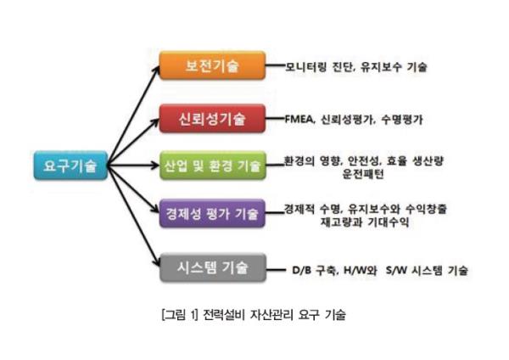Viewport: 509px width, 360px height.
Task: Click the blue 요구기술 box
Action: point(70,166)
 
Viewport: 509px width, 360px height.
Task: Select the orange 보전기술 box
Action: point(212,65)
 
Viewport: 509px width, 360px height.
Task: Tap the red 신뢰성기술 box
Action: point(212,119)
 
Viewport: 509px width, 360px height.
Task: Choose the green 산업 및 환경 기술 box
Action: point(213,166)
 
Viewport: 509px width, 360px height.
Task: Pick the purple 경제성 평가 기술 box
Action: point(212,213)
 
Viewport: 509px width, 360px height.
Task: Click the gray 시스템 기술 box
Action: point(213,267)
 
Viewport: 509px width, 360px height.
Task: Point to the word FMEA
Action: point(299,120)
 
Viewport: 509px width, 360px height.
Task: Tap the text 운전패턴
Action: point(363,174)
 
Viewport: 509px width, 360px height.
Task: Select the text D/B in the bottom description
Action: point(301,270)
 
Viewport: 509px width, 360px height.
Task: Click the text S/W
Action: point(396,270)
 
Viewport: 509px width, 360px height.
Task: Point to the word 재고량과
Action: point(341,222)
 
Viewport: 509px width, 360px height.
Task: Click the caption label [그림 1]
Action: point(180,314)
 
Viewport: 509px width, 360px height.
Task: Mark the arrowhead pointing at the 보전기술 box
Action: point(156,70)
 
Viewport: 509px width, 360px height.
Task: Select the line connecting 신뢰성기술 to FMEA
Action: point(275,119)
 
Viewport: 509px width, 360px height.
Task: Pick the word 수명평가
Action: point(402,120)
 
